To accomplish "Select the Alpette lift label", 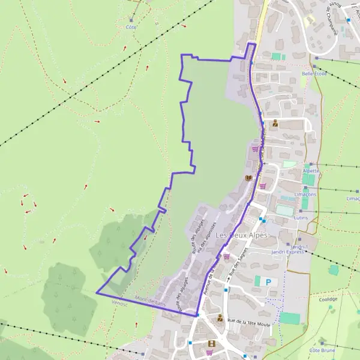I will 312,170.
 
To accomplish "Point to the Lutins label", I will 301,218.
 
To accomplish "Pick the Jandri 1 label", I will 298,247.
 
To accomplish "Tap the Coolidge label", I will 328,299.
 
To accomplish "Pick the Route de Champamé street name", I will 331,18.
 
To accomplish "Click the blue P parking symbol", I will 268,281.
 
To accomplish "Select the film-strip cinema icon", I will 211,344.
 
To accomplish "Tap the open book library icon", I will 248,178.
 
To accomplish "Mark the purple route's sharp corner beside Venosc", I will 97,292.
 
